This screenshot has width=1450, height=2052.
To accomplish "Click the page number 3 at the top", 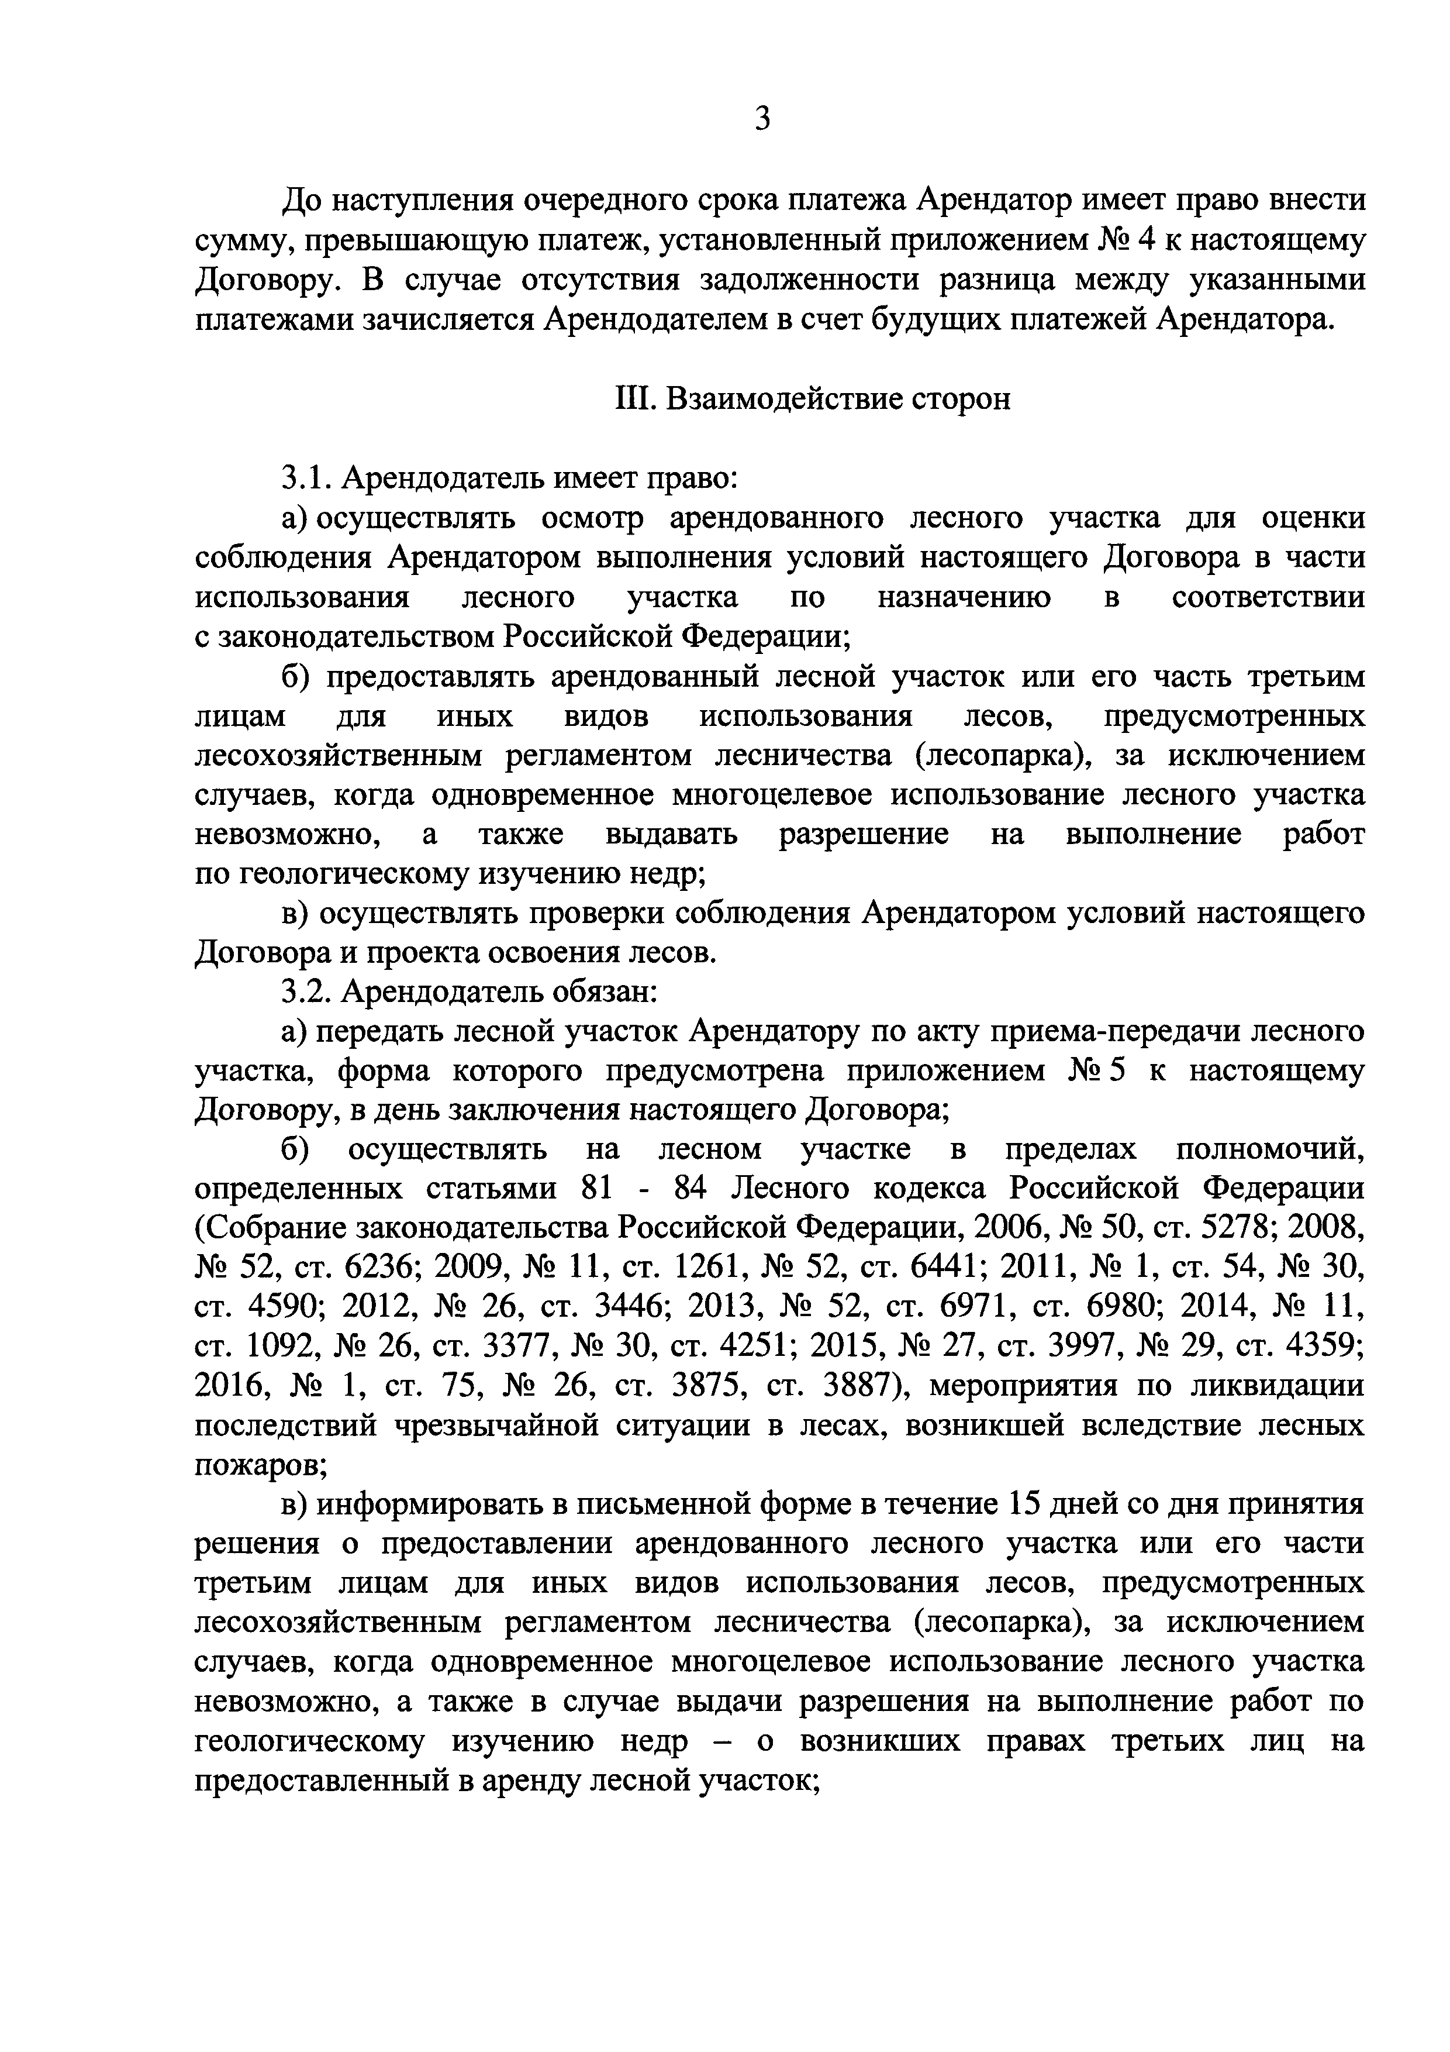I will coord(761,119).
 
